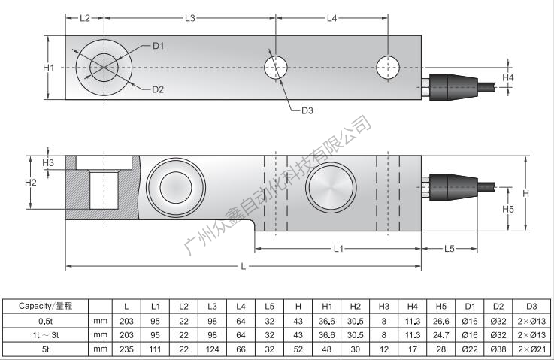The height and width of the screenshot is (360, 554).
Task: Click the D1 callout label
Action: pyautogui.click(x=158, y=47)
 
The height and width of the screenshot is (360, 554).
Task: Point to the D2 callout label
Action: pyautogui.click(x=158, y=90)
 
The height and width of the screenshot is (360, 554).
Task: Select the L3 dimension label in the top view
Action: pyautogui.click(x=189, y=17)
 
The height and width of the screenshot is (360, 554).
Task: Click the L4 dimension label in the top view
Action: pyautogui.click(x=332, y=17)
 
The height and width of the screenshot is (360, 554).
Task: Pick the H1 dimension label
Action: pyautogui.click(x=49, y=68)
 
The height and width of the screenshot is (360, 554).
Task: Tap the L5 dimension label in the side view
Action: pyautogui.click(x=449, y=248)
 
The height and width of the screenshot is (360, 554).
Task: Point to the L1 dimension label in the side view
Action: pyautogui.click(x=338, y=248)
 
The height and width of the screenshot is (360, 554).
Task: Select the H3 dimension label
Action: pyautogui.click(x=49, y=162)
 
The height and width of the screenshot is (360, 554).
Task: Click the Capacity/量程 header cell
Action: pyautogui.click(x=44, y=306)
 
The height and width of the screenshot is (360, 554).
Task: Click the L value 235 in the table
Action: pyautogui.click(x=126, y=349)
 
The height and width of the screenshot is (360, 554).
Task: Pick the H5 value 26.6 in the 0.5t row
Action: pyautogui.click(x=441, y=321)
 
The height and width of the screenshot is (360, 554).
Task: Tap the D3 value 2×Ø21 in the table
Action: pyautogui.click(x=531, y=349)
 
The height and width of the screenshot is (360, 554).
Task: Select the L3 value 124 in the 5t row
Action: pyautogui.click(x=213, y=349)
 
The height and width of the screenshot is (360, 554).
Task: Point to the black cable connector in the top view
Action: pyautogui.click(x=451, y=85)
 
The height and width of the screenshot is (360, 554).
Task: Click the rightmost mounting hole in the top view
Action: pyautogui.click(x=389, y=68)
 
